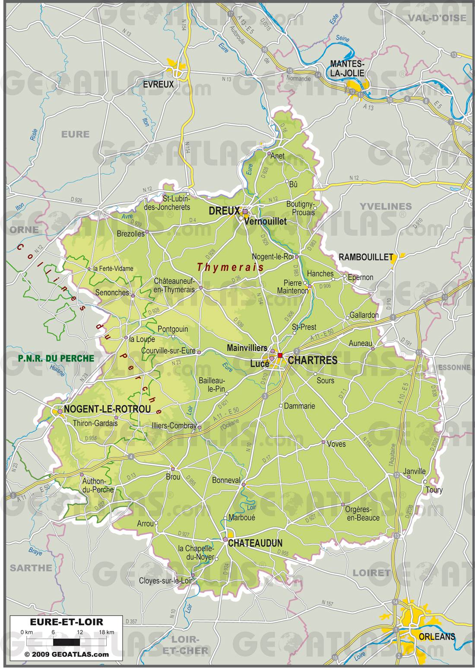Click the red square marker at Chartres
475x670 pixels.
pos(280,356)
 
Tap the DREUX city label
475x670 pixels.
pos(224,211)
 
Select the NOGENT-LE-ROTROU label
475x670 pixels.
pos(108,409)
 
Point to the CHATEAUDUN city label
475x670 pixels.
pos(255,543)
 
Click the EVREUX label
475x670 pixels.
pos(158,84)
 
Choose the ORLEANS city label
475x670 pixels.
pos(437,636)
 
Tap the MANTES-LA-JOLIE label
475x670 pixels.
pos(347,68)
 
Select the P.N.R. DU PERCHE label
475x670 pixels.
pos(56,358)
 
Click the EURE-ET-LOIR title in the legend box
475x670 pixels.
pos(66,622)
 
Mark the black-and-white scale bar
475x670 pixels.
pos(66,641)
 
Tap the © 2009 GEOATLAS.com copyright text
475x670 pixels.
pos(66,654)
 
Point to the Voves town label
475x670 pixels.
pos(336,444)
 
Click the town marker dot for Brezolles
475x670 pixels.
pos(147,232)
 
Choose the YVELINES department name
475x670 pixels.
pos(386,206)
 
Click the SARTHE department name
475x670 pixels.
pos(31,567)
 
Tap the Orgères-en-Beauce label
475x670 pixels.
pos(362,513)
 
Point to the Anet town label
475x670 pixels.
pos(277,156)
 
